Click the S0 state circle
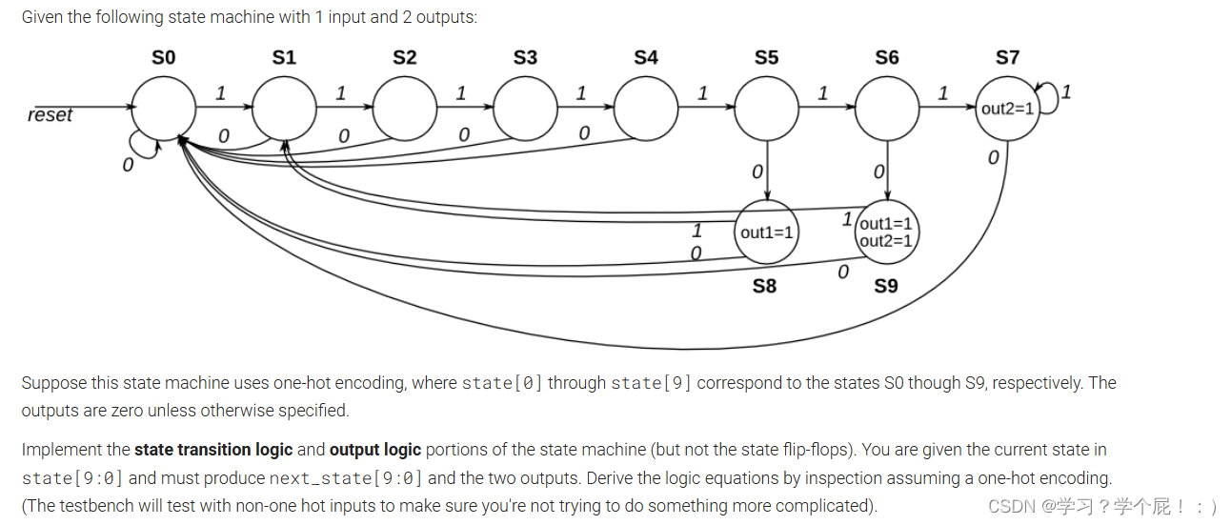(163, 108)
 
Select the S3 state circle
(525, 108)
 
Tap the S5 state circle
(766, 108)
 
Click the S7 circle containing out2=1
(1007, 108)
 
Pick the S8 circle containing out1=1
(766, 232)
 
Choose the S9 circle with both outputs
(886, 232)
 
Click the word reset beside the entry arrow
(50, 115)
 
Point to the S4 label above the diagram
(646, 58)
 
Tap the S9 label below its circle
(886, 286)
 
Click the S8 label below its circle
(764, 286)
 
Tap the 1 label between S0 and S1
(220, 93)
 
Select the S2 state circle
(405, 108)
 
